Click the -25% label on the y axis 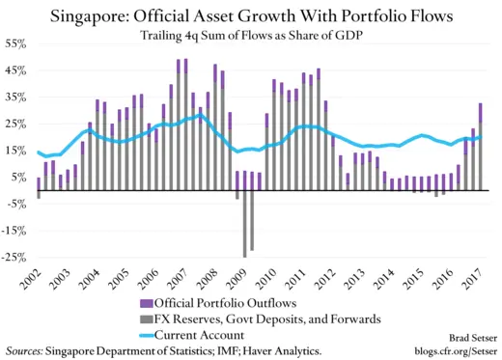pyautogui.click(x=14, y=258)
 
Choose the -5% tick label pyautogui.click(x=16, y=205)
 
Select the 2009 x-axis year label pyautogui.click(x=234, y=283)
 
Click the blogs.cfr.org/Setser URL pyautogui.click(x=450, y=351)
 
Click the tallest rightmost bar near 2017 pyautogui.click(x=481, y=145)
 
